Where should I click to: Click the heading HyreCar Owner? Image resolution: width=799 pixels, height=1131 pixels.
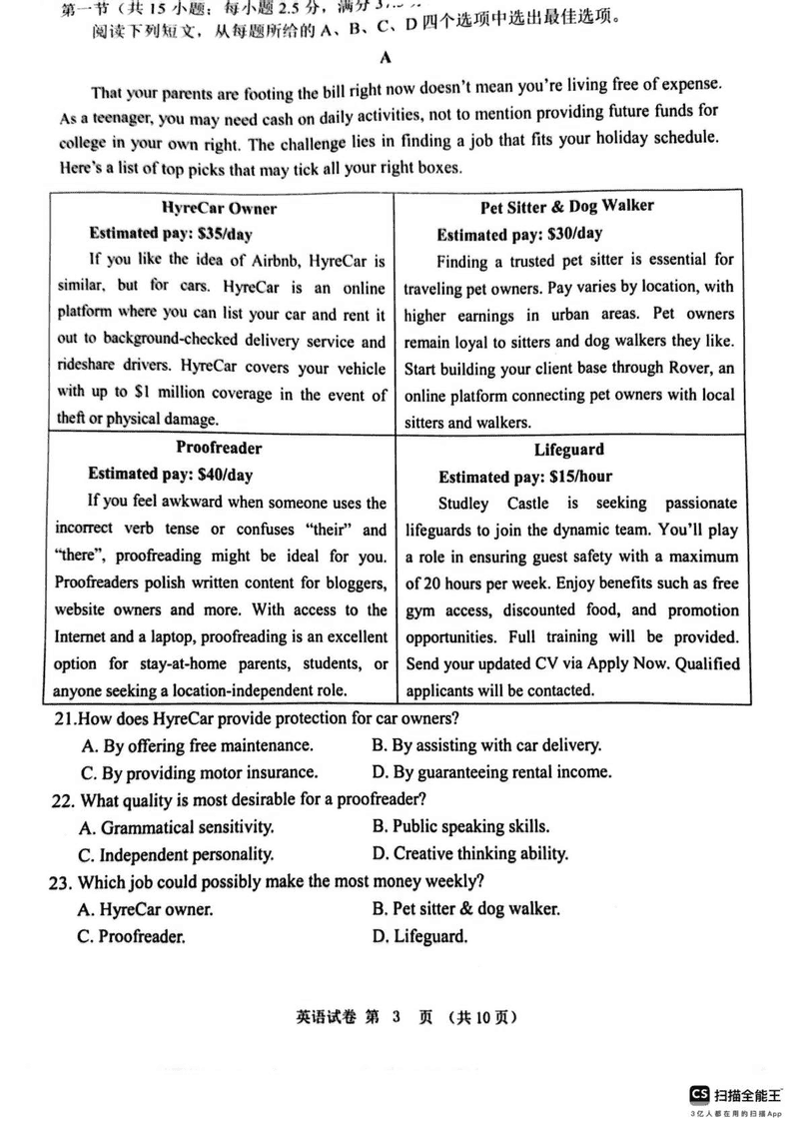coord(219,208)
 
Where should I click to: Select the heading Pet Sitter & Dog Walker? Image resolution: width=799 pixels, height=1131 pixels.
coord(566,207)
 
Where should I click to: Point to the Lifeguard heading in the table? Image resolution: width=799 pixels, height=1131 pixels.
coord(568,450)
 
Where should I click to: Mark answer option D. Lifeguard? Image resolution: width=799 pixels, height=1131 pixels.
coord(419,936)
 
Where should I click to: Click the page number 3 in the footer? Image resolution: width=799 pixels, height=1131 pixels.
coord(395,1018)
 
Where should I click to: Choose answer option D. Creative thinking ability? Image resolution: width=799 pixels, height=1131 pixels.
coord(469,854)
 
